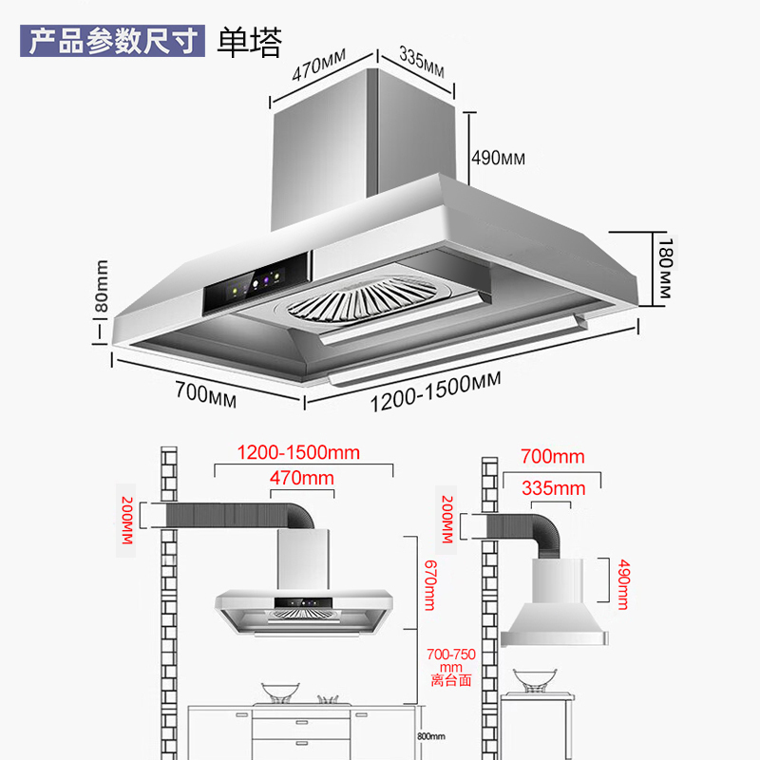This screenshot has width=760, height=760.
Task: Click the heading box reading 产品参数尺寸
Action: (x=112, y=42)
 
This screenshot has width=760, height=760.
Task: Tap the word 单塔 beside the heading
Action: (x=250, y=42)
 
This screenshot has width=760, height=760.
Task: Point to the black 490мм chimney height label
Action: (x=498, y=158)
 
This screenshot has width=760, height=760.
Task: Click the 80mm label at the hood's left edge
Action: (x=102, y=291)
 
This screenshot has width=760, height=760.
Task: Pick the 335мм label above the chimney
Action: (x=421, y=59)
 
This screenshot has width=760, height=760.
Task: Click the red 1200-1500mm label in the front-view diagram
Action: (x=298, y=452)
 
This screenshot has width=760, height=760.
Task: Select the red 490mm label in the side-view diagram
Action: (x=623, y=584)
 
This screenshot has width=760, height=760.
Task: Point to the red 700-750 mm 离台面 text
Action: (x=450, y=667)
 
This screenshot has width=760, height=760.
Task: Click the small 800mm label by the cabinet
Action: (x=431, y=736)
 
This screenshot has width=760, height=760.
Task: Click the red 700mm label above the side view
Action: (x=553, y=457)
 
